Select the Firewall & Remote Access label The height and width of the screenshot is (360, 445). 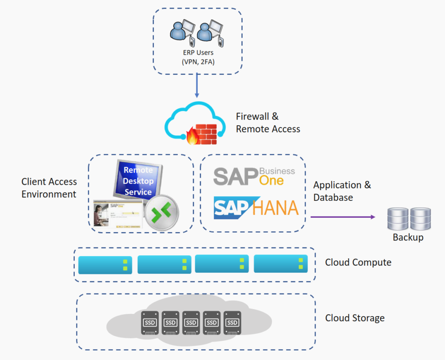(268, 123)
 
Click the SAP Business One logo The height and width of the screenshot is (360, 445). (254, 176)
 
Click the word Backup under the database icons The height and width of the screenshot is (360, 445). (408, 237)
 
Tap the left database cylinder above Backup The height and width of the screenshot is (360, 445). (397, 219)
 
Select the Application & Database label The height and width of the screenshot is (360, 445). (342, 191)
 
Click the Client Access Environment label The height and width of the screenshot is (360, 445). (49, 188)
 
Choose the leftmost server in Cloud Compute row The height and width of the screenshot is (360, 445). (105, 265)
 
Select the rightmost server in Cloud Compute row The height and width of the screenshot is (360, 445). (281, 264)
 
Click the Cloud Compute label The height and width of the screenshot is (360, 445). (358, 263)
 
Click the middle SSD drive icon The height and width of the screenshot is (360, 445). (191, 322)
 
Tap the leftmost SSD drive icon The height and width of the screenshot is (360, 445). (149, 322)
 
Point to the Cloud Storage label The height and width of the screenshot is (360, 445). (355, 318)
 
